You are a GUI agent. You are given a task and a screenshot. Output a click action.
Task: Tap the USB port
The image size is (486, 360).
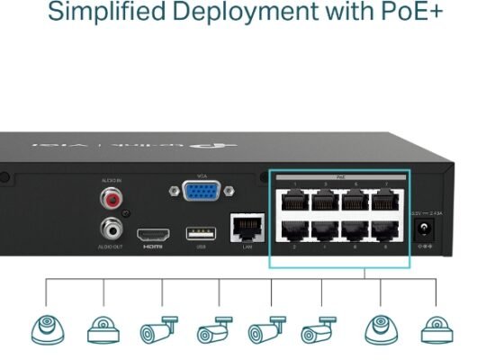point(200,234)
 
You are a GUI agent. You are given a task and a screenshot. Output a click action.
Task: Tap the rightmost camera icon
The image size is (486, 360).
point(436,329)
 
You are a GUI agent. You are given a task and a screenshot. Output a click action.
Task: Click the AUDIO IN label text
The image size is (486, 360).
point(111,180)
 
